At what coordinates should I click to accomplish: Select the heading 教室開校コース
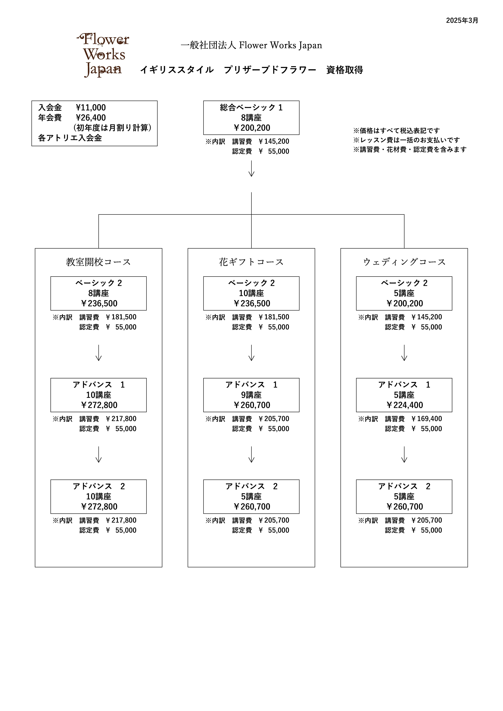tap(99, 262)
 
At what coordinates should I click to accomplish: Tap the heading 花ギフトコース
tap(251, 262)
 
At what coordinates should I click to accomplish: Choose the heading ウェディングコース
tap(404, 262)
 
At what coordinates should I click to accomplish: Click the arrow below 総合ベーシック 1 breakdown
tap(251, 168)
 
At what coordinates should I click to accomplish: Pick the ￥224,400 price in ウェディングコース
tap(404, 405)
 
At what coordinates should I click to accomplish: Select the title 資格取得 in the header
tap(345, 70)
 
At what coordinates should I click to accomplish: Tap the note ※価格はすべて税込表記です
tap(396, 131)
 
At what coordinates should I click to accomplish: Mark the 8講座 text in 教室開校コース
tap(99, 293)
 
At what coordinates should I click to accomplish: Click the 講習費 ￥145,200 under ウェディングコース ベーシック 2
tap(426, 317)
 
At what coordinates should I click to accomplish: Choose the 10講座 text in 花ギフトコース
tap(251, 293)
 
